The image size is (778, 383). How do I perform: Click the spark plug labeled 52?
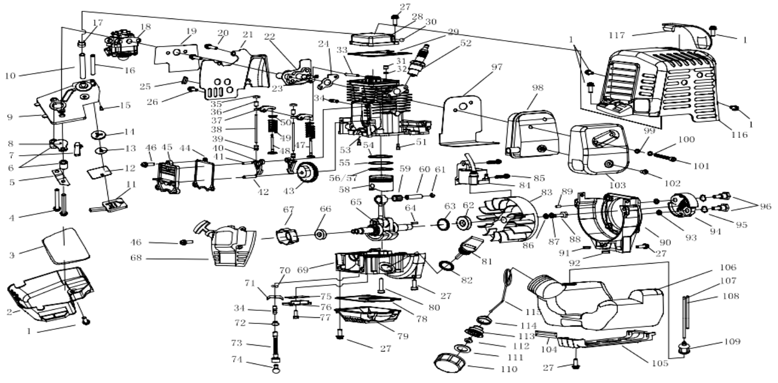(x=419, y=60)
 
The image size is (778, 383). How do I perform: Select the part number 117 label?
(x=617, y=35)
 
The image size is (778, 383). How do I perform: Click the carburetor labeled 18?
(x=123, y=45)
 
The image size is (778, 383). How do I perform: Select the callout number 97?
(x=497, y=67)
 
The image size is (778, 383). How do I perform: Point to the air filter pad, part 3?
(x=66, y=245)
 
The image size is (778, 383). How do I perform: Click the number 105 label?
(x=660, y=363)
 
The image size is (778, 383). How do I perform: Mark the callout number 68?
(x=136, y=258)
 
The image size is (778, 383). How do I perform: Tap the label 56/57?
(x=343, y=178)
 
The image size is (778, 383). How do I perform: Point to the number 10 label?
(x=10, y=75)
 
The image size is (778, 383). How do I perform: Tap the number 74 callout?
(x=237, y=359)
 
